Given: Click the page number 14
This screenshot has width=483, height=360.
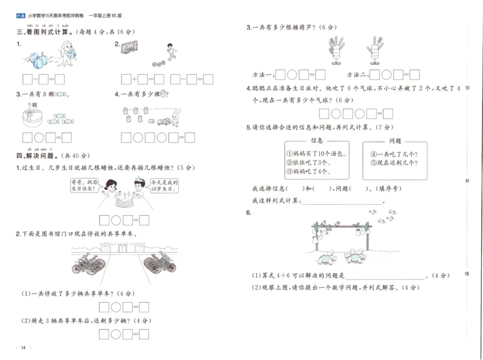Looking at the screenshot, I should pos(23,347).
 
